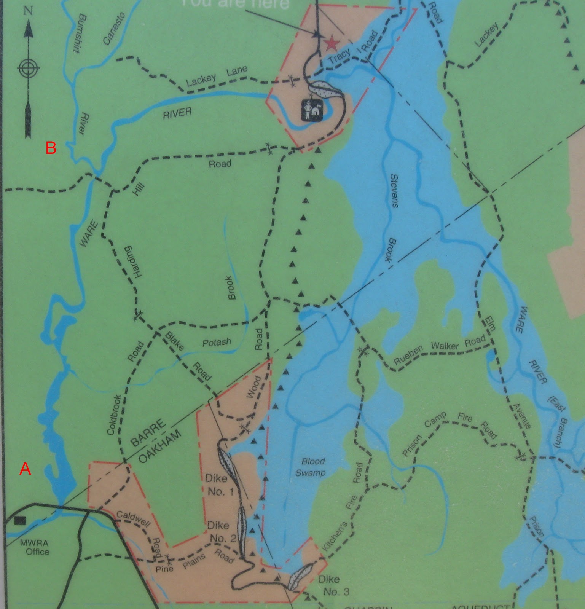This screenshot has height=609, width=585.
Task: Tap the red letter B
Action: pos(51,148)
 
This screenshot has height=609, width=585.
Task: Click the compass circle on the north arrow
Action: pos(28,69)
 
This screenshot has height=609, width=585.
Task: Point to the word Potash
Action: pos(216,342)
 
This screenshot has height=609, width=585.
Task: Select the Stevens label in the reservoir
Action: pos(394,190)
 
